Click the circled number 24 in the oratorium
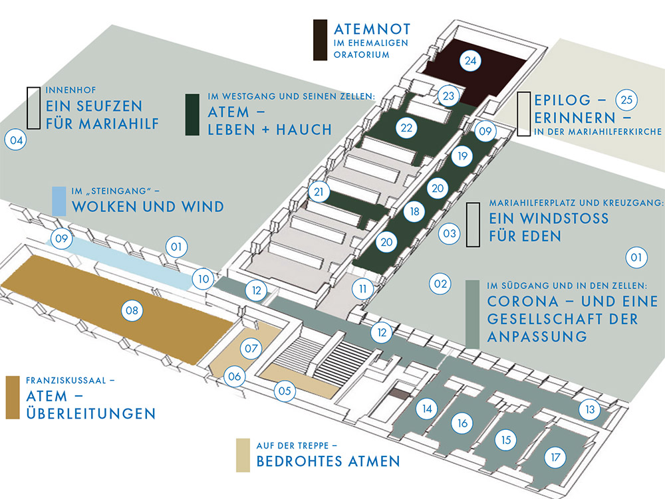pos(471,61)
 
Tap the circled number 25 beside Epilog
pos(626,100)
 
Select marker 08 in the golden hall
pos(132,309)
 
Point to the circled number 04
pos(15,140)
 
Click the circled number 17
pos(555,457)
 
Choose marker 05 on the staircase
pos(285,391)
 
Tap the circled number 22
pos(407,128)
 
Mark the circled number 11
pos(362,289)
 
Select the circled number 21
pos(320,193)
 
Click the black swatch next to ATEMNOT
pos(320,41)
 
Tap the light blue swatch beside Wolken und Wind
pos(59,201)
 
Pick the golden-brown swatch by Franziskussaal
pos(12,397)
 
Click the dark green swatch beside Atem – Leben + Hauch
pos(193,116)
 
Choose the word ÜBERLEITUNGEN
pos(90,413)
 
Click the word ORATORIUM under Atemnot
pos(361,55)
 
